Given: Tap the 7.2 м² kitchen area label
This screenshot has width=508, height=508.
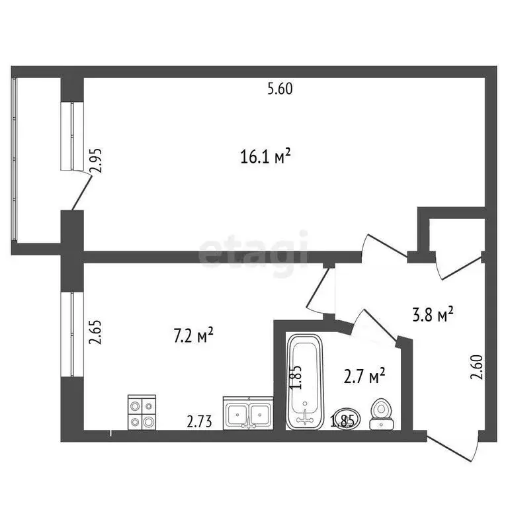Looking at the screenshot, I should pos(193,336).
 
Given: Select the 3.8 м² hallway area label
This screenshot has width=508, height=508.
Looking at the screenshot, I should pos(433,315).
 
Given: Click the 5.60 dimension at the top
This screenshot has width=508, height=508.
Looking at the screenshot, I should pos(280,89).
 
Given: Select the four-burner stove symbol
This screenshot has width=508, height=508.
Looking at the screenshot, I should pos(142,413).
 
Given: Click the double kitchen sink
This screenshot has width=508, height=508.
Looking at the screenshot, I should pos(248,414).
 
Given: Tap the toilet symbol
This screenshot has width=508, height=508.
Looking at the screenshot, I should pos(381,411).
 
